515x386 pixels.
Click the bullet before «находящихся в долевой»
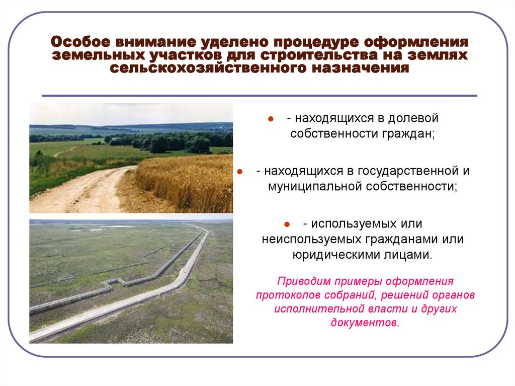270,120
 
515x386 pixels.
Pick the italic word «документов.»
365,322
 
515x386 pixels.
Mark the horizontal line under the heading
260,96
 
